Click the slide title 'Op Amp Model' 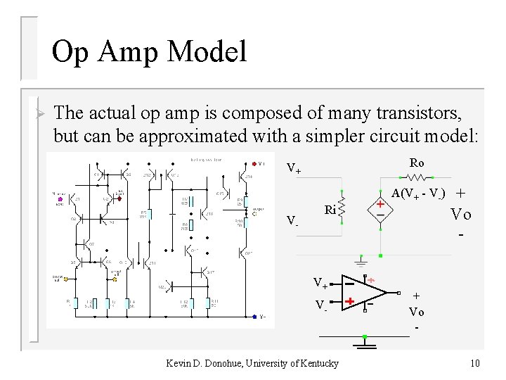tap(150, 52)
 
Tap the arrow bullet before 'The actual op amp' tap(40, 113)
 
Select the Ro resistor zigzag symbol tap(417, 177)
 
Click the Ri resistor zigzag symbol tap(342, 209)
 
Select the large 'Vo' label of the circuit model tap(461, 215)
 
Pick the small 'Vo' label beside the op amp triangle tap(416, 312)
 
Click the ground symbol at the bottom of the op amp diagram tap(364, 343)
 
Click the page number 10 tap(475, 363)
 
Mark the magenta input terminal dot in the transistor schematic tap(60, 200)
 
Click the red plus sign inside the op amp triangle tap(349, 303)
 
